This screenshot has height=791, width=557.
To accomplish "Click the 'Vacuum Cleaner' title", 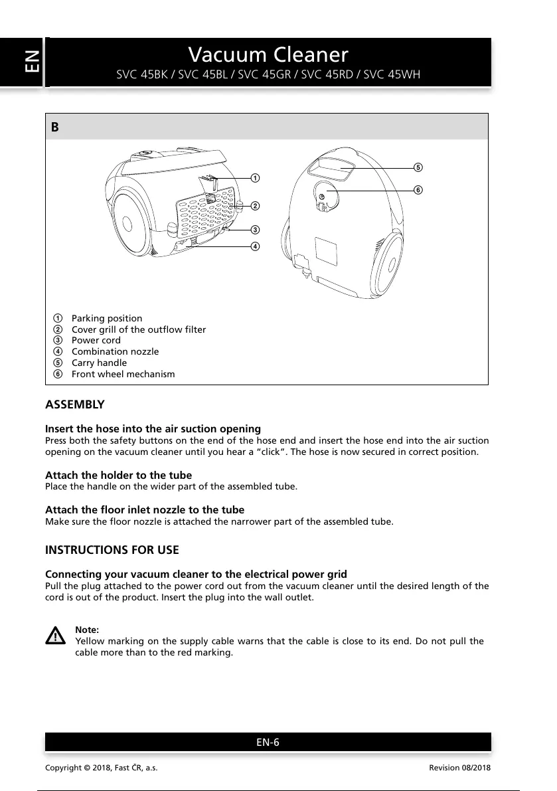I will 268,54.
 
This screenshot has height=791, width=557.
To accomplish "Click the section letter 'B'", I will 55,127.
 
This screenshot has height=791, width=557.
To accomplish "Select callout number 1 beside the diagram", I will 255,178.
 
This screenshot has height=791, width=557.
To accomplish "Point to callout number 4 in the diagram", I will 255,246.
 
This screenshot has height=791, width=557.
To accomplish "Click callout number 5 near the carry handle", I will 418,166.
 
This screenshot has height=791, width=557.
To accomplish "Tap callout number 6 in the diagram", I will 418,190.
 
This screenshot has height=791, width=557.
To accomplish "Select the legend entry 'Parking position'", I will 106,318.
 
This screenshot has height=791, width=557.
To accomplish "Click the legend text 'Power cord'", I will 96,341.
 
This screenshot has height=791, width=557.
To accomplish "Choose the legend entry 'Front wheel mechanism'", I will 123,375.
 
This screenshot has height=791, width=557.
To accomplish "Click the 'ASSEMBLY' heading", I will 74,404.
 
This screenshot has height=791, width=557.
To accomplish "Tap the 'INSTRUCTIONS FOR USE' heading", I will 112,550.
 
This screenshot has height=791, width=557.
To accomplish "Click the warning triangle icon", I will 56,636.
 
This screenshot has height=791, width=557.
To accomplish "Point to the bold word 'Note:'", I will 87,630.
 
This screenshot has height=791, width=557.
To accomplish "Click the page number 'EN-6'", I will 268,742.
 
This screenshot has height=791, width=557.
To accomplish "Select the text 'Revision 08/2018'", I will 460,768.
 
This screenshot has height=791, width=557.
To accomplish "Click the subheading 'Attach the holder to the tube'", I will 118,475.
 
